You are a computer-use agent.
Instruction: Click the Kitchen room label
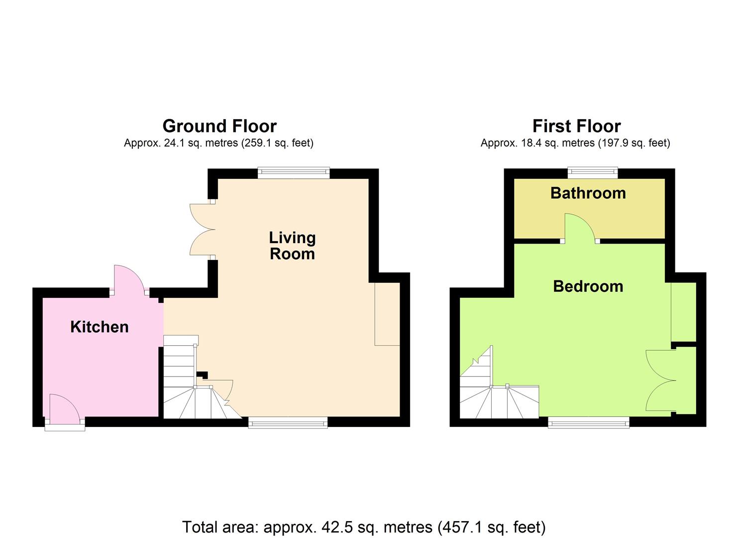click(x=100, y=327)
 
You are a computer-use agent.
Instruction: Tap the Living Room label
click(x=292, y=246)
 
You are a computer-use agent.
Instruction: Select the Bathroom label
click(x=588, y=193)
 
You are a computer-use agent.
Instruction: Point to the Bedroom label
click(x=588, y=286)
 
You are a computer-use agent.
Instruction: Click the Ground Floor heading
click(x=219, y=126)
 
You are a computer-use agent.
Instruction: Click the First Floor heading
click(x=576, y=126)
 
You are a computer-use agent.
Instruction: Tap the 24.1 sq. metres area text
click(x=218, y=143)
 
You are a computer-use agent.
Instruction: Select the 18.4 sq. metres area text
click(x=575, y=143)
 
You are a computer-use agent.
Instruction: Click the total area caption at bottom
click(x=364, y=527)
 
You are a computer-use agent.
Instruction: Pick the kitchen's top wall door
click(x=129, y=280)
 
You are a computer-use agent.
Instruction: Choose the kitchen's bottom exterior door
click(x=64, y=409)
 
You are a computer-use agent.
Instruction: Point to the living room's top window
click(x=294, y=173)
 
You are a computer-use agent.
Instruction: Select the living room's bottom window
click(x=288, y=423)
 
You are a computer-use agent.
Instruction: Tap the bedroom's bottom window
click(x=589, y=423)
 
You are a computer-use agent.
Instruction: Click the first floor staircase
click(x=498, y=394)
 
